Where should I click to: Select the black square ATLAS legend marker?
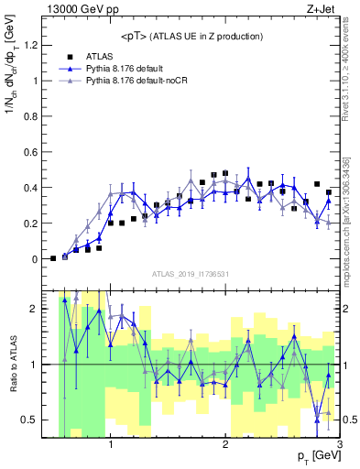point(69,56)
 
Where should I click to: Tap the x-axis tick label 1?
point(111,446)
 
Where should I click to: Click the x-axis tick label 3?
point(338,446)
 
